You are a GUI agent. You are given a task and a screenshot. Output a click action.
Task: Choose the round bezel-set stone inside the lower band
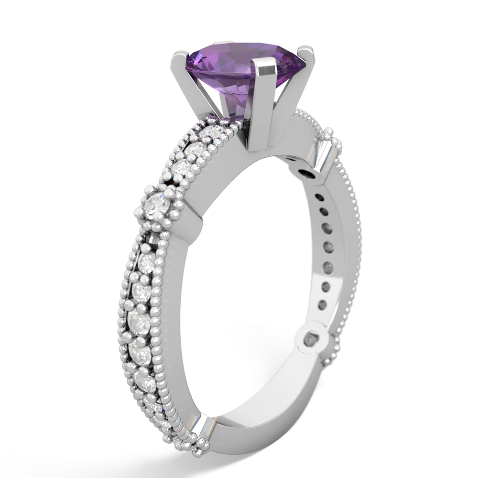[x=313, y=340]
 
